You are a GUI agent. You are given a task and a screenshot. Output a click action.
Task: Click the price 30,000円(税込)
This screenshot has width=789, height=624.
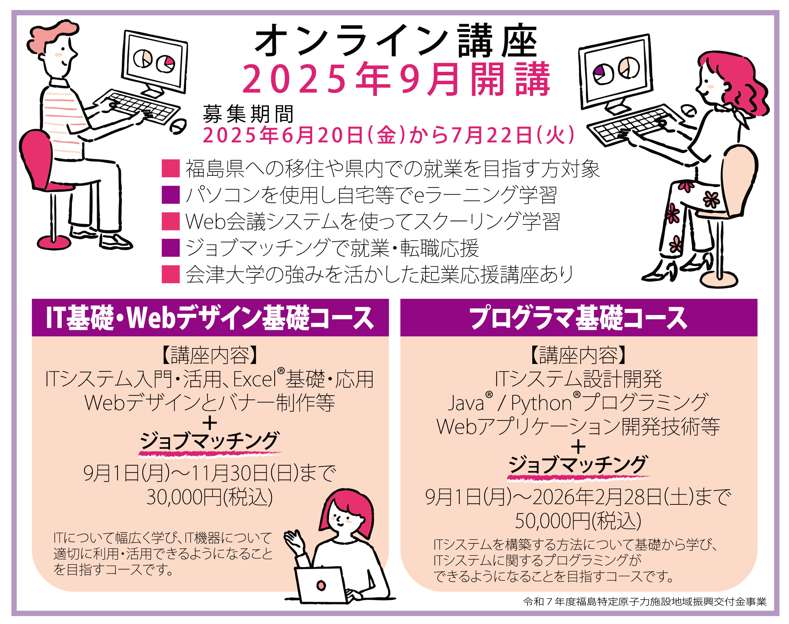tap(209, 497)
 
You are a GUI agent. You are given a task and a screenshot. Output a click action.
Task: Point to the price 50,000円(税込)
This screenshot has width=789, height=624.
tap(578, 521)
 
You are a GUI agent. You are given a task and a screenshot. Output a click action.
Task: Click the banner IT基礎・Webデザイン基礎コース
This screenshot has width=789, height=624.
tap(210, 318)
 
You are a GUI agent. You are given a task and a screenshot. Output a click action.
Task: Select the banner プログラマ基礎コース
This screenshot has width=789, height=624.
tap(578, 318)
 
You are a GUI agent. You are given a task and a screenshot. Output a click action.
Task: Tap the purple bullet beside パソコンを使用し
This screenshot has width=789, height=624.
tap(171, 195)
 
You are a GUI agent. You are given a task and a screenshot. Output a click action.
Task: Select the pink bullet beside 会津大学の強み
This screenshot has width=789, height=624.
tap(171, 274)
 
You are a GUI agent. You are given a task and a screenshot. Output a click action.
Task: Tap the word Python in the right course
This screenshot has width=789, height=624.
tap(541, 403)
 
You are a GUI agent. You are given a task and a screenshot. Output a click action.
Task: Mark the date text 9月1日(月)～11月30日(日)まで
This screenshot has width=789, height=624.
tap(209, 473)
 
